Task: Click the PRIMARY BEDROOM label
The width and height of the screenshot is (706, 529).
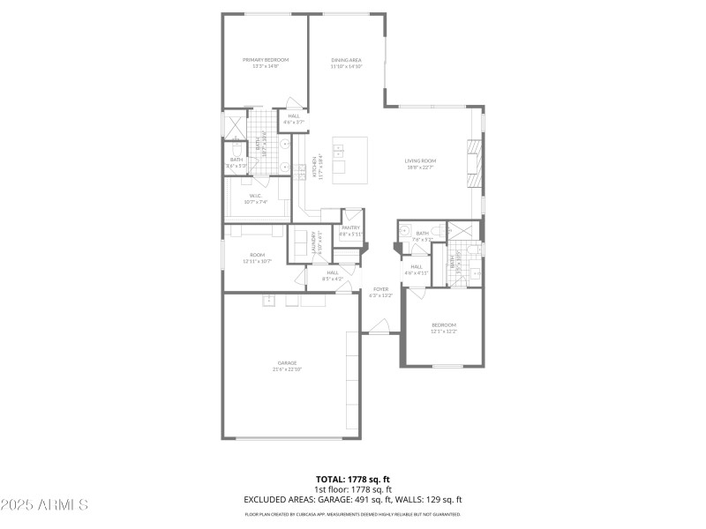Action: [x=266, y=63]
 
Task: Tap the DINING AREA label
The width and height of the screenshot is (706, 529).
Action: [x=347, y=63]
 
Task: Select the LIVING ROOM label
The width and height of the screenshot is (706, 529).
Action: [x=420, y=164]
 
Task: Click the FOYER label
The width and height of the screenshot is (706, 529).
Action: [x=381, y=292]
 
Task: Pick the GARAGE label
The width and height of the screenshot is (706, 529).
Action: [x=287, y=366]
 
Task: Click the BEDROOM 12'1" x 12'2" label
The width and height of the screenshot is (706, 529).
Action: [x=443, y=328]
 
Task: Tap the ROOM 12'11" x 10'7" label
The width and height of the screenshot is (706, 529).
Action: [x=257, y=259]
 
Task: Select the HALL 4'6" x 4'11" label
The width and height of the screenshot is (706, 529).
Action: [x=416, y=270]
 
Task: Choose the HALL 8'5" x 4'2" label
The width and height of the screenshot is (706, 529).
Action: [x=333, y=275]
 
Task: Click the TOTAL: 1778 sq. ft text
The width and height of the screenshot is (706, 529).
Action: [x=353, y=479]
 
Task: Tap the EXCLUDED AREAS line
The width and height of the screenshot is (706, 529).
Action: [x=353, y=499]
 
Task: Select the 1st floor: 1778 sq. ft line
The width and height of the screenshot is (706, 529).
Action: [x=353, y=488]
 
